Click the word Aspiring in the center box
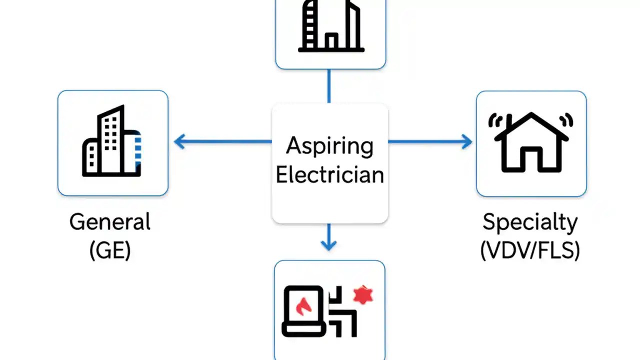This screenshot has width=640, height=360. coord(329,146)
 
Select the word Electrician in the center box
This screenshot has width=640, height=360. coord(329,175)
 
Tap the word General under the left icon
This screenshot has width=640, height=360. coord(110,222)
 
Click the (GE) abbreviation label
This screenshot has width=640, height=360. coord(110,250)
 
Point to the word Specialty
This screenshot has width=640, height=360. coord(530,222)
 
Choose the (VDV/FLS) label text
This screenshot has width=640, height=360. coord(530,250)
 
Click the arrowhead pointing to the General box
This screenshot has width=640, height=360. coord(179,142)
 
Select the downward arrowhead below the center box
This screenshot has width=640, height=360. coord(328,244)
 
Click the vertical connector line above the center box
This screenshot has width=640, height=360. coord(328,86)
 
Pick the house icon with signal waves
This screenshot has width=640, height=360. coord(531,142)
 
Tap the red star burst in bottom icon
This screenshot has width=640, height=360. coord(363,296)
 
